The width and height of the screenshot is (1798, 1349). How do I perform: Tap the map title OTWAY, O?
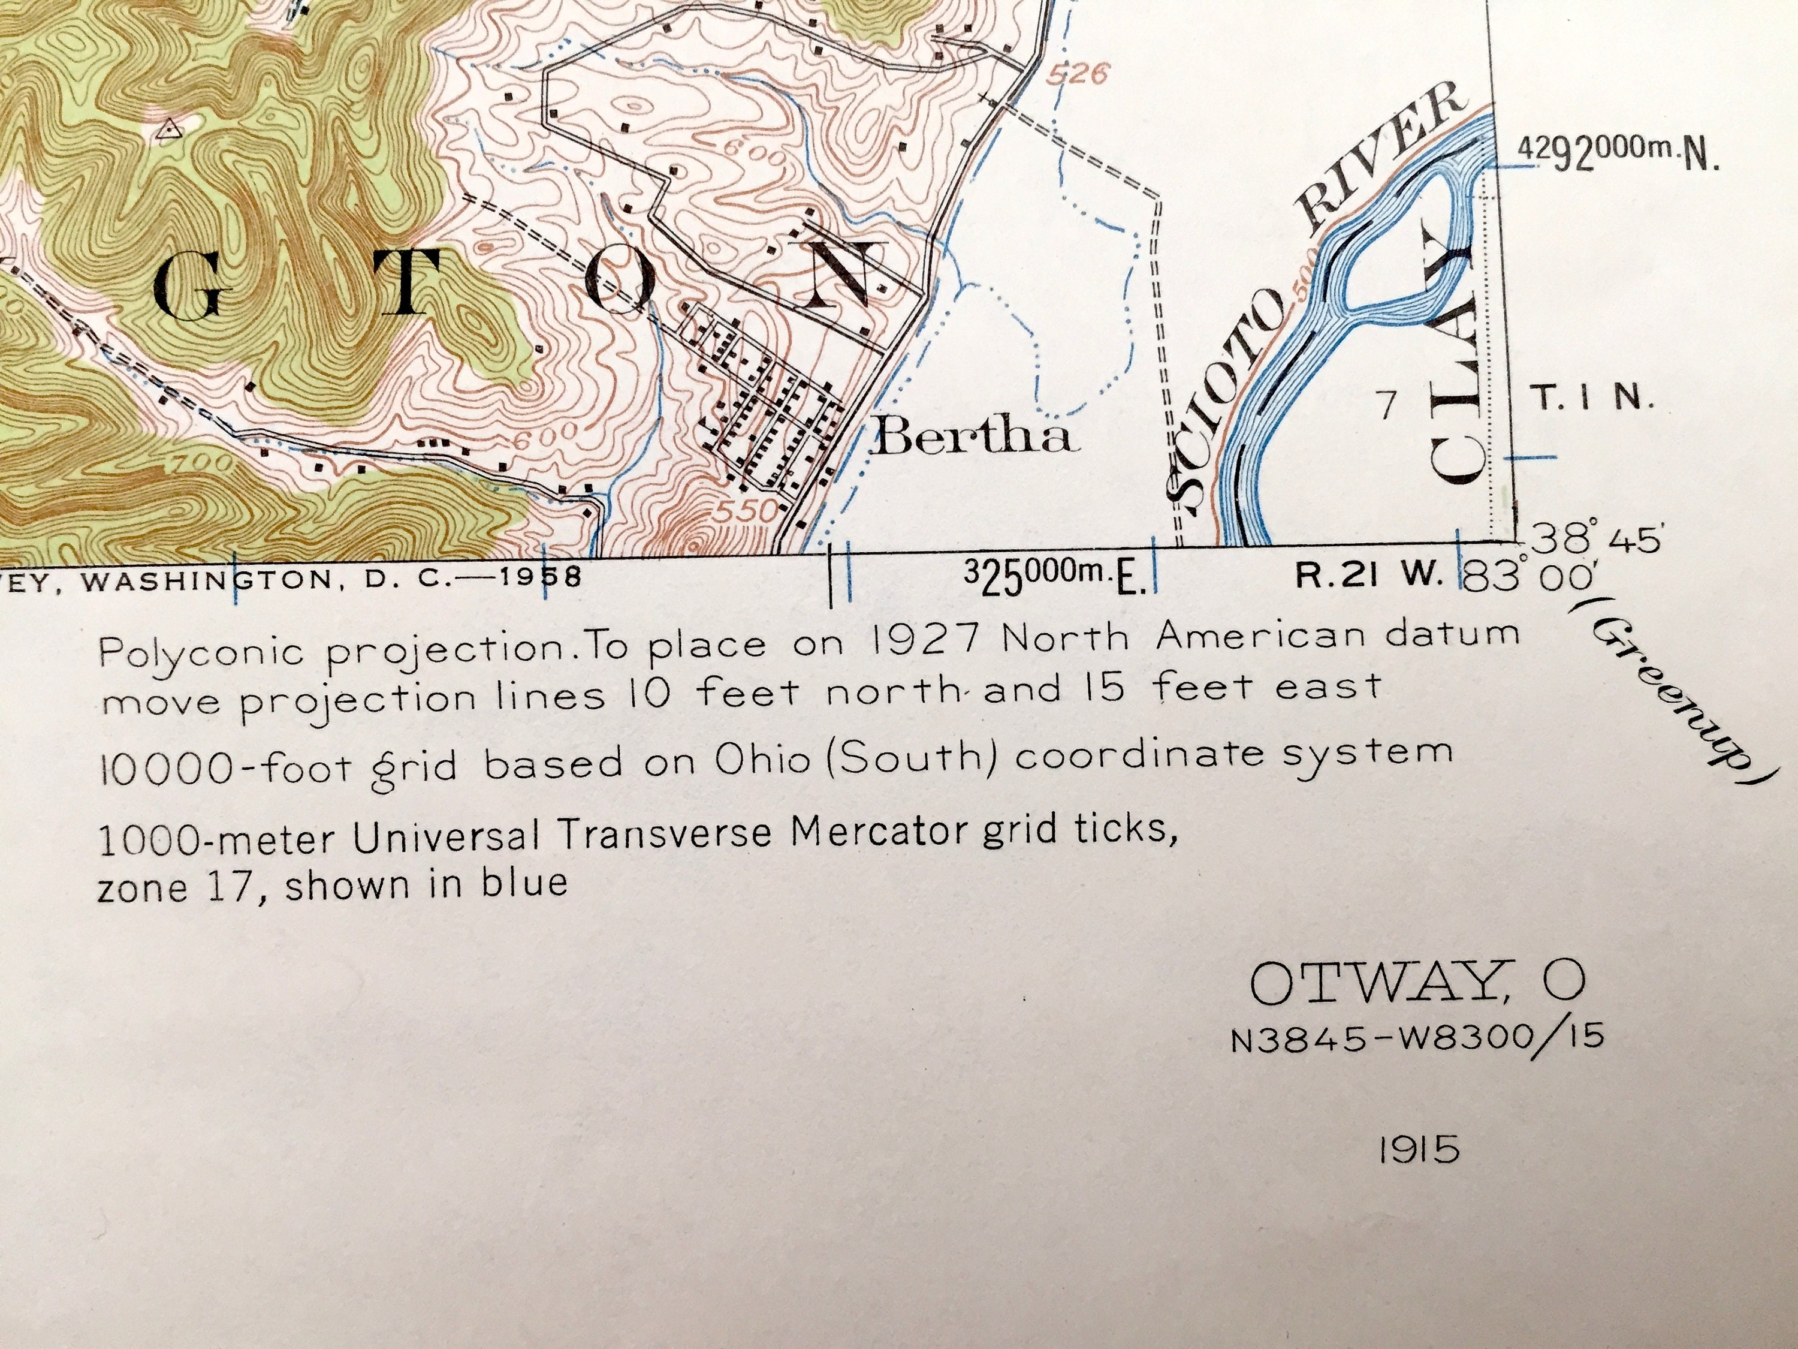click(1416, 983)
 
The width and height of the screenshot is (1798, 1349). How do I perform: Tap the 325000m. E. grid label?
click(1054, 579)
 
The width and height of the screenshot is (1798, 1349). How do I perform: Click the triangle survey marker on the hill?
click(167, 128)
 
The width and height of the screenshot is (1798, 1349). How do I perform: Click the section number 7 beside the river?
click(1388, 405)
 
